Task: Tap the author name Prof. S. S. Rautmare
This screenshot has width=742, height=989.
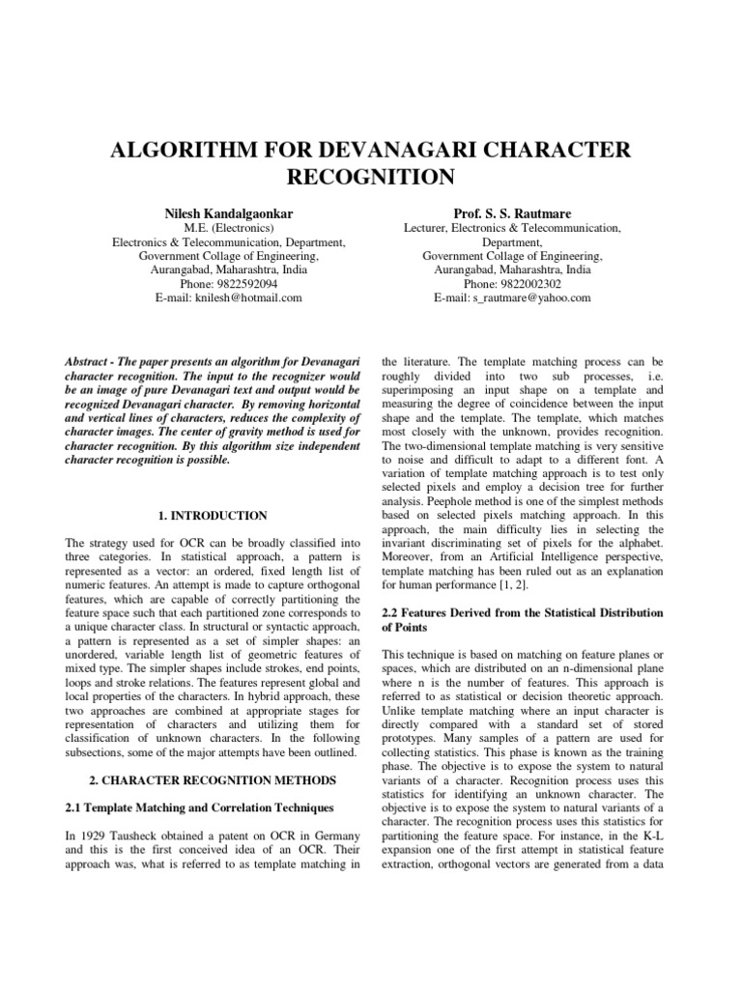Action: [x=511, y=212]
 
